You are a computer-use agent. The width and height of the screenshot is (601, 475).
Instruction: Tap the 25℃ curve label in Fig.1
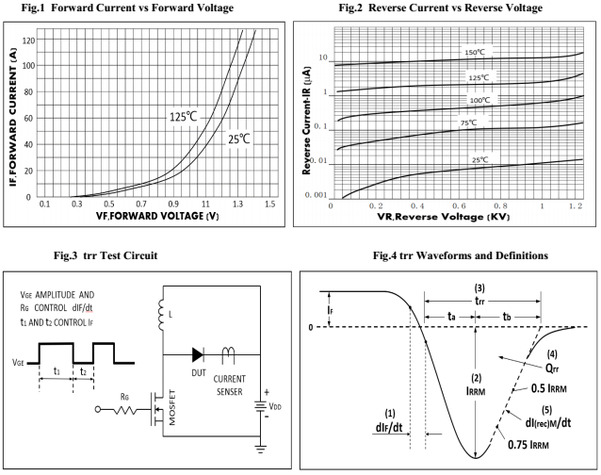coord(240,139)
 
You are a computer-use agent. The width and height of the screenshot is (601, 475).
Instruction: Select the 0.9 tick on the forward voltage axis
coord(172,205)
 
